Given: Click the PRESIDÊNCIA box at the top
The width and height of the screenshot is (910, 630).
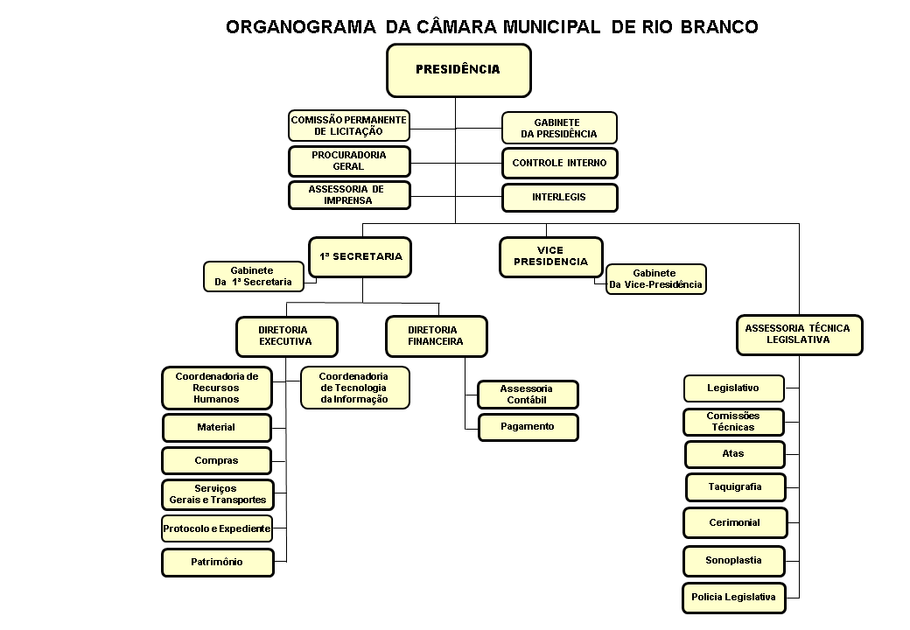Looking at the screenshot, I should click(x=458, y=70).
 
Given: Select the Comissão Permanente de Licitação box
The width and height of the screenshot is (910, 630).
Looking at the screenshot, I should click(x=349, y=125).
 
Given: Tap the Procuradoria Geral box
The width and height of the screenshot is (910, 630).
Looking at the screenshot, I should click(x=349, y=161).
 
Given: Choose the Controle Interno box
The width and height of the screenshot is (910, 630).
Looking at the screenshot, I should click(x=559, y=163).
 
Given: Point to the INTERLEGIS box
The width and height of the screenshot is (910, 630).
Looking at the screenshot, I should click(x=559, y=198).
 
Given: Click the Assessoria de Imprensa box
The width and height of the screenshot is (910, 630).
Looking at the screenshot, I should click(x=349, y=195).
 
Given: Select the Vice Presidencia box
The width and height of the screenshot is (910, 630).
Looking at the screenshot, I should click(x=551, y=257).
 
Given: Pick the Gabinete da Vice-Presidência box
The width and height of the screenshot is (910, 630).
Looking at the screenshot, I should click(x=655, y=279).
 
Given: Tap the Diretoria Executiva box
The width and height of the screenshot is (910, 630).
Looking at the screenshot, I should click(x=286, y=336).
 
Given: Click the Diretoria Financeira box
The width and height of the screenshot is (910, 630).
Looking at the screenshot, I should click(x=436, y=336).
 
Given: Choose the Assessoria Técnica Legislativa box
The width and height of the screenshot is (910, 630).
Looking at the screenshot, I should click(x=799, y=334).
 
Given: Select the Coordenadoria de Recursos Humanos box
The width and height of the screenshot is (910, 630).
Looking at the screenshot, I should click(x=217, y=388).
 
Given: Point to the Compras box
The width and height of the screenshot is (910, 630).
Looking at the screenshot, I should click(x=217, y=460).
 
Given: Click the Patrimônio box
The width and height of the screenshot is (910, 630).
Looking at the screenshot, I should click(x=217, y=562).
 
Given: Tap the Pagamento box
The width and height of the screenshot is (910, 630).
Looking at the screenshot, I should click(x=528, y=427).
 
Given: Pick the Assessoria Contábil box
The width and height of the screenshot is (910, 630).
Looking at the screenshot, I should click(x=528, y=395).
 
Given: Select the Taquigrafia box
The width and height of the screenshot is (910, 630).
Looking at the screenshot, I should click(x=735, y=486).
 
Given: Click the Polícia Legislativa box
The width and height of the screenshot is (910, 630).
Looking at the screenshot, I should click(x=733, y=598).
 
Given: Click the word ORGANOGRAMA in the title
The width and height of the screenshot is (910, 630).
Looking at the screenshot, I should click(x=301, y=27).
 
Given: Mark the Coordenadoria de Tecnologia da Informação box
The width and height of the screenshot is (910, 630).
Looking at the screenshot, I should click(x=354, y=388).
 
